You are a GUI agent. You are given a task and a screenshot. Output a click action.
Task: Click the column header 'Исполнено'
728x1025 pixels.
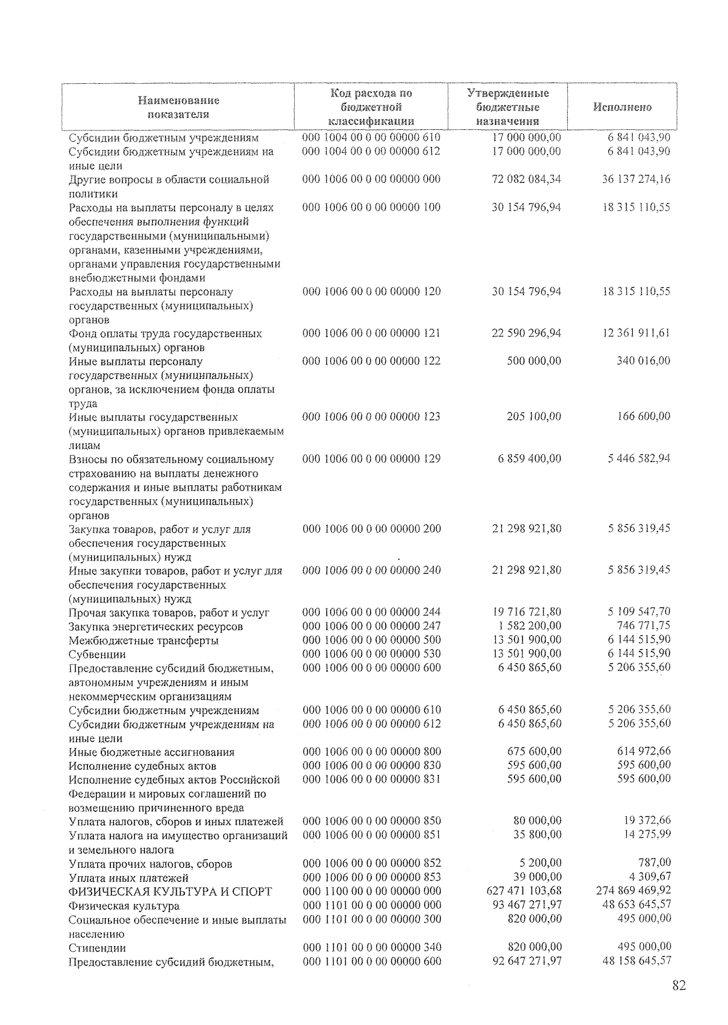point(622,107)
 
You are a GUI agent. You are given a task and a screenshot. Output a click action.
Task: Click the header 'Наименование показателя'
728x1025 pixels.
point(178,107)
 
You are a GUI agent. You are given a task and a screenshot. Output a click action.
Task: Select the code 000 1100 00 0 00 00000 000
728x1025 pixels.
point(372,891)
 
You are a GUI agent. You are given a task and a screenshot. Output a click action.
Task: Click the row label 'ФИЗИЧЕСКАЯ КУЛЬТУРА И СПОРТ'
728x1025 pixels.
point(170,891)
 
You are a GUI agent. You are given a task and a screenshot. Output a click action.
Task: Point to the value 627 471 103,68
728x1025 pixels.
point(524,891)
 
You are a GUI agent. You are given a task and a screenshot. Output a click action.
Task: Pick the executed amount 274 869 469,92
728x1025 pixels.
point(634,890)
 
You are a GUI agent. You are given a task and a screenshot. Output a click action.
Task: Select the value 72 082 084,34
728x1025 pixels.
point(526,179)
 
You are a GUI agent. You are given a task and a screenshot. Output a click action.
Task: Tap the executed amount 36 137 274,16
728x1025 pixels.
point(636,179)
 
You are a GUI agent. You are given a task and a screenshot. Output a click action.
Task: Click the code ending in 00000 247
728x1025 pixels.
point(372,626)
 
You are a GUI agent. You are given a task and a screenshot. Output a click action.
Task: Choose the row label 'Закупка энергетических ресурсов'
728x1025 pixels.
point(155,627)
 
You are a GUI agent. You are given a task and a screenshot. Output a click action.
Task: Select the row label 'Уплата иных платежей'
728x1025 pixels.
point(129,878)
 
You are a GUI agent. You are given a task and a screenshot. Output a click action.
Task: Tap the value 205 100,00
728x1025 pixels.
point(534,417)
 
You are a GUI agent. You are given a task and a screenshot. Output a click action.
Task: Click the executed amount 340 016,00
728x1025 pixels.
point(643,361)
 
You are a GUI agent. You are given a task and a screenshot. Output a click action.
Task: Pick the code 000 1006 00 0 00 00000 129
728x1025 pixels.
point(372,458)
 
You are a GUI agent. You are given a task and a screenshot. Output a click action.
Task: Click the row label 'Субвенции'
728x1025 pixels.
point(97,655)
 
